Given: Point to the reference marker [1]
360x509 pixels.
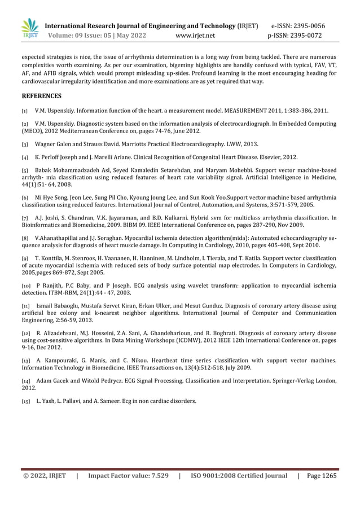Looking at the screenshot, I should coord(25,111).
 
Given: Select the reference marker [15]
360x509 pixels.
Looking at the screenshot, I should coord(26,402).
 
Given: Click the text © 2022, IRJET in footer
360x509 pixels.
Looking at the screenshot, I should coord(45,476).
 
